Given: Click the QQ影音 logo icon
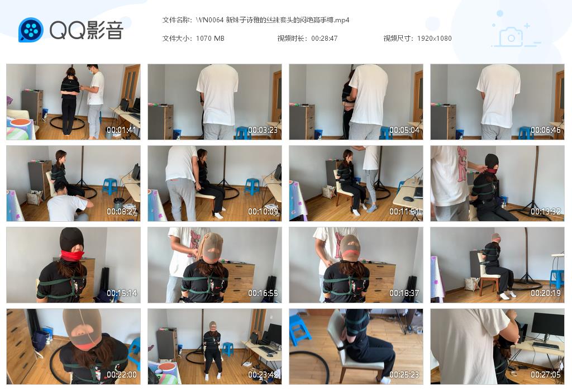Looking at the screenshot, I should click(x=31, y=30).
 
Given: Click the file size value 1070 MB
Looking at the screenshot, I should click(x=210, y=39).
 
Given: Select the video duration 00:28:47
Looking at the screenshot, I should click(x=324, y=39).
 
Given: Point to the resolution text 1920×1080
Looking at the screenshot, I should click(x=434, y=39).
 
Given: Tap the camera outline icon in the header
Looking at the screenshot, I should click(x=511, y=36).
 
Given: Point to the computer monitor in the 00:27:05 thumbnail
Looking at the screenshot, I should click(x=547, y=325).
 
